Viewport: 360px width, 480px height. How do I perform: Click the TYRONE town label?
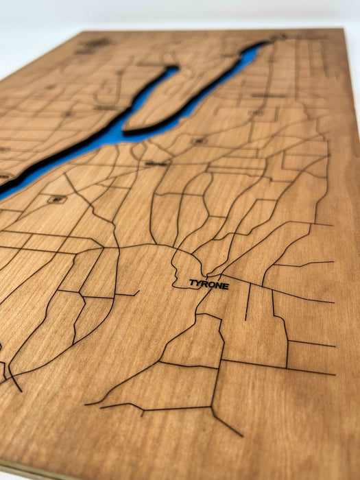(x=209, y=284)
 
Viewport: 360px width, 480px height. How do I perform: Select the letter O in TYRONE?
(x=211, y=284)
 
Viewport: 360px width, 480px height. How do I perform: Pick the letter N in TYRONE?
(x=218, y=285)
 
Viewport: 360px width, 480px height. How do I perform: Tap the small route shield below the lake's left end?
(x=56, y=200)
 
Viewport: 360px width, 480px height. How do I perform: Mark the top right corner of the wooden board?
(x=341, y=30)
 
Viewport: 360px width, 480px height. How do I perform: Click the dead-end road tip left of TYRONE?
(x=138, y=291)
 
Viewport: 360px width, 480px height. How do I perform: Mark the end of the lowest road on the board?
(x=242, y=435)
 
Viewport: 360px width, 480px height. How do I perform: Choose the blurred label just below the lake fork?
(x=155, y=164)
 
